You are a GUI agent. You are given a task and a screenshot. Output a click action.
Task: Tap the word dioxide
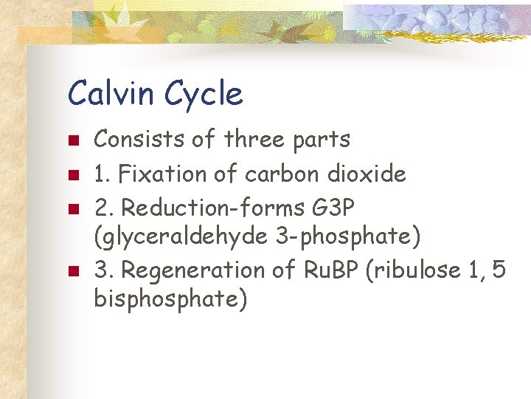coord(367,174)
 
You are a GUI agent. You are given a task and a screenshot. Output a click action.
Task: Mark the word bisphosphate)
coord(170,300)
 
